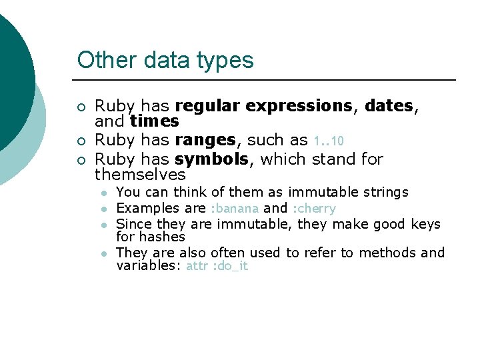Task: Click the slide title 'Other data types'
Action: tap(165, 60)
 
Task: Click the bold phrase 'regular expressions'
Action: tap(263, 106)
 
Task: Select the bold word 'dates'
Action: tap(389, 106)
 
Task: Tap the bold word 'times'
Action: tap(154, 121)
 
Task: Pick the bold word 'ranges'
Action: tap(205, 141)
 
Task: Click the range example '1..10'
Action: tap(329, 141)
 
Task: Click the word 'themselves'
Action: tap(140, 175)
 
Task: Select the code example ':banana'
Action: tap(235, 209)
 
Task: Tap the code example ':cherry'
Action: tap(314, 209)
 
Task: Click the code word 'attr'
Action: tap(197, 266)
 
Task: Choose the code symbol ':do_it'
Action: tap(229, 266)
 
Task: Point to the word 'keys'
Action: tap(425, 224)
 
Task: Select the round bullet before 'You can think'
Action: tap(104, 193)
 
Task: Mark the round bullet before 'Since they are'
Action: tap(104, 225)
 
